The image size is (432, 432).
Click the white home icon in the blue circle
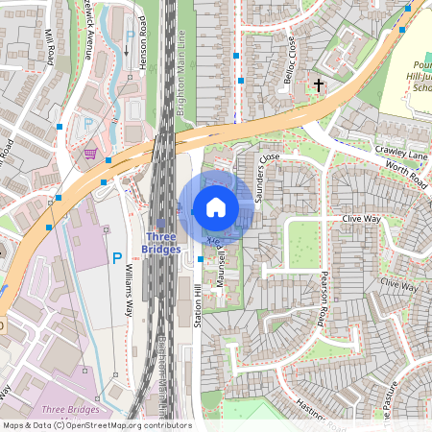pos(216,207)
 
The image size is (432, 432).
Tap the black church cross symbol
pos(319,85)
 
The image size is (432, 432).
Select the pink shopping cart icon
pos(89,154)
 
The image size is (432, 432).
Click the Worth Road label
pos(406,174)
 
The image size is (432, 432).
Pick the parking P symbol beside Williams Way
pos(117,257)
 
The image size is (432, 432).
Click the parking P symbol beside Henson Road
pos(130,37)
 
